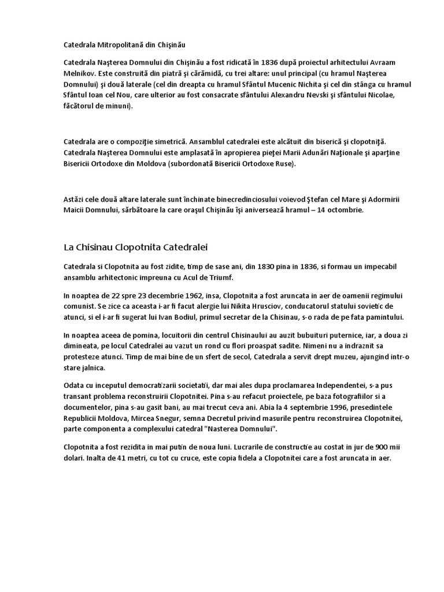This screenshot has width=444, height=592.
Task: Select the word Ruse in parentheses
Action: click(282, 164)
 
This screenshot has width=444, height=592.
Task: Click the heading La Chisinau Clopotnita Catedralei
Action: click(136, 247)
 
